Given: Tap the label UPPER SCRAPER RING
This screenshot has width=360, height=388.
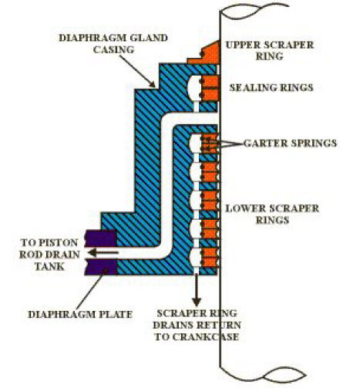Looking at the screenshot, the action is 270,50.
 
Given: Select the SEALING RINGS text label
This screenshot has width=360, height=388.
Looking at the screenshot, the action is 271,87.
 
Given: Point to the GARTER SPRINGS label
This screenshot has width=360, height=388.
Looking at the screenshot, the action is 290,143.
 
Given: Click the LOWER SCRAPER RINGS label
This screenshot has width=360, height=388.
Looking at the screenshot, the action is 272,214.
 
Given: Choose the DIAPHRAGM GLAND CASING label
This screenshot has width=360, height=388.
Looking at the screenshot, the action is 113,43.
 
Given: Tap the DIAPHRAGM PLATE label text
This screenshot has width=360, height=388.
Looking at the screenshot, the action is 80,314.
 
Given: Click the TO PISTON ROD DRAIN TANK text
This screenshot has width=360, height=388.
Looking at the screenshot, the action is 49,255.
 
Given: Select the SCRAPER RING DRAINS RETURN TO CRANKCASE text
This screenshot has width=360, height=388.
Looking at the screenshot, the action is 197,325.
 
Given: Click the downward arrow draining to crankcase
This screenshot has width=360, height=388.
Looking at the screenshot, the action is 197,290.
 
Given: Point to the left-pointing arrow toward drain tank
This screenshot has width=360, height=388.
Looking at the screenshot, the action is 103,252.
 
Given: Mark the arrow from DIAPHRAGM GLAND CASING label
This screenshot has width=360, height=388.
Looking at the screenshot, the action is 137,71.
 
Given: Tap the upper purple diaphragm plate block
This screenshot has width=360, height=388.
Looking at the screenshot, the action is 100,238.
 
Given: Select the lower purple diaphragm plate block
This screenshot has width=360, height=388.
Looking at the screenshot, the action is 100,267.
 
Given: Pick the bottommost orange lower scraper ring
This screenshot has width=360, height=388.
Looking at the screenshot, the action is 210,258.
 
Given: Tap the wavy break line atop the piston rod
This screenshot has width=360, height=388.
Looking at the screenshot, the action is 254,10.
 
